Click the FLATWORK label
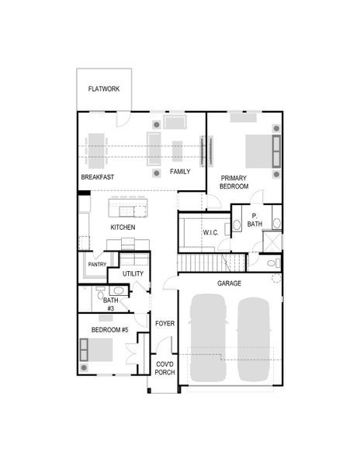[103, 89]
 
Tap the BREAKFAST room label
[97, 178]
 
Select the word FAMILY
[180, 172]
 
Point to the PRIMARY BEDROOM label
[234, 183]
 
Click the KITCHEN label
[123, 228]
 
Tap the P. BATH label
[254, 220]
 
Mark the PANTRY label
[97, 265]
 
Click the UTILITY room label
[133, 274]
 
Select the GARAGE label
[230, 283]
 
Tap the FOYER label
[164, 323]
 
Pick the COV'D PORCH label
[164, 368]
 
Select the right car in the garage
[256, 340]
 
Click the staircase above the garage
[204, 265]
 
